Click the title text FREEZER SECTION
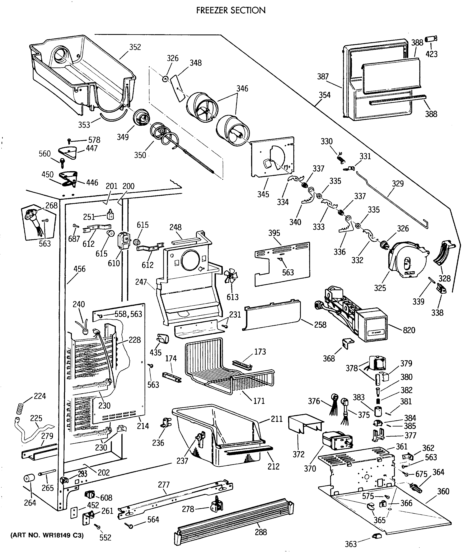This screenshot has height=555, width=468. (x=231, y=10)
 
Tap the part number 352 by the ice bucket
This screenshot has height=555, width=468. (x=135, y=47)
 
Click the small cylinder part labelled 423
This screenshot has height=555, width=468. (x=431, y=39)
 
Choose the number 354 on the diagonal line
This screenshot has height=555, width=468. (x=325, y=95)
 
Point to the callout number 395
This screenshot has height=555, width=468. (x=274, y=233)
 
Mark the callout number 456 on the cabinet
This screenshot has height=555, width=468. (x=79, y=269)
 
